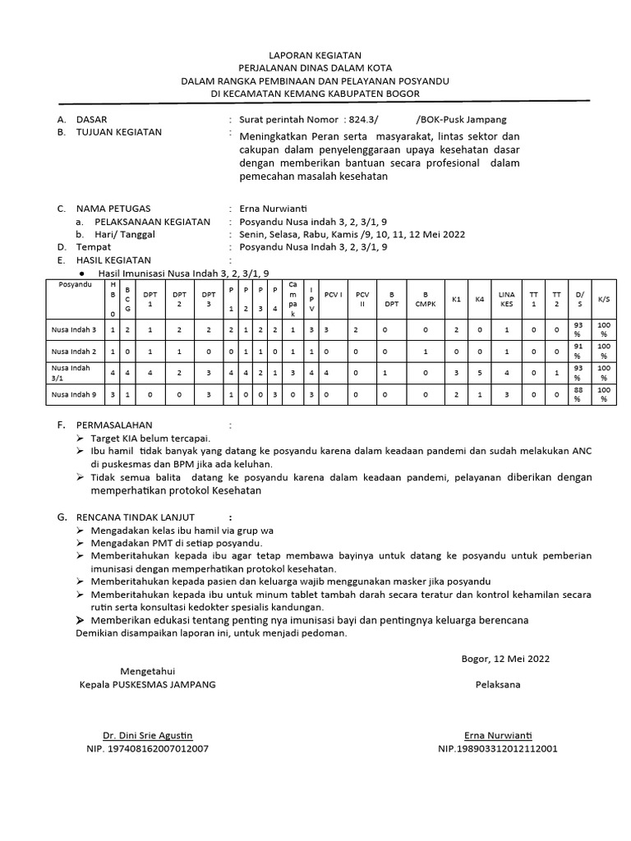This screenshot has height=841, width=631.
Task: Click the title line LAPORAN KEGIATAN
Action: [x=315, y=54]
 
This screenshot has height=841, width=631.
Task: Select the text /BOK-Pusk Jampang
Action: [x=462, y=119]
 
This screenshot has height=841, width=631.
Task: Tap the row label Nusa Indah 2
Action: [x=74, y=351]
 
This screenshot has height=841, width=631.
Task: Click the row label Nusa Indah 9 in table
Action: [x=74, y=394]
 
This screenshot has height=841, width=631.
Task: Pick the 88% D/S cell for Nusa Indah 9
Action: [x=578, y=394]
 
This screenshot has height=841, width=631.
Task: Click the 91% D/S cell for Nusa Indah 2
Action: [x=578, y=351]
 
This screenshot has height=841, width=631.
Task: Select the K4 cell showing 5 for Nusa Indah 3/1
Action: [x=480, y=372]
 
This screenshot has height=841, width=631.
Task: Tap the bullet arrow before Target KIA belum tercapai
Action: [x=81, y=439]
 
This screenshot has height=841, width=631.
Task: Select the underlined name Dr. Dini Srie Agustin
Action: [x=147, y=734]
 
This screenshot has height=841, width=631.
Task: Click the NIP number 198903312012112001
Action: [x=498, y=748]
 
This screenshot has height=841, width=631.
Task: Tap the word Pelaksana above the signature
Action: [x=497, y=684]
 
